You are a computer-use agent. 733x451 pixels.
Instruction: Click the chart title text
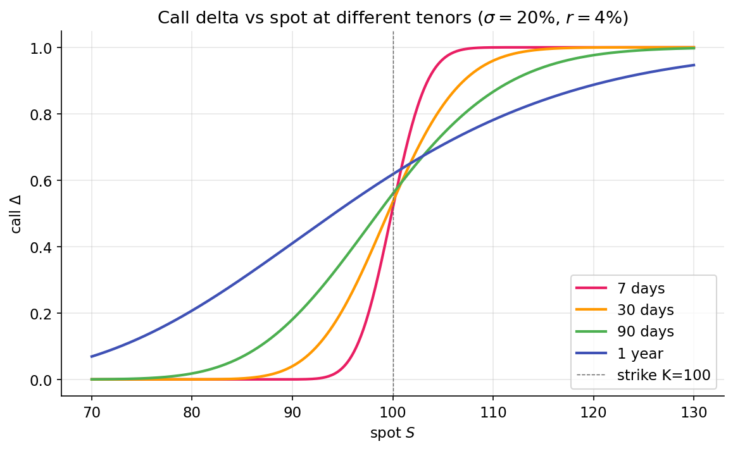(x=392, y=18)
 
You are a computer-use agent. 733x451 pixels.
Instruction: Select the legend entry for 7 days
(x=641, y=289)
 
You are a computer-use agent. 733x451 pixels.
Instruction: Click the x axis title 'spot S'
(x=392, y=433)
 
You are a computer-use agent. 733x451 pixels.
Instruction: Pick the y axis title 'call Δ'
(x=16, y=214)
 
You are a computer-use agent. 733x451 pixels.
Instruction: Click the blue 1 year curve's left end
(x=92, y=357)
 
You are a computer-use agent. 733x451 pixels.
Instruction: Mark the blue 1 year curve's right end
(x=694, y=65)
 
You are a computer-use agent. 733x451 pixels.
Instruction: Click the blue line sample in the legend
(x=591, y=353)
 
